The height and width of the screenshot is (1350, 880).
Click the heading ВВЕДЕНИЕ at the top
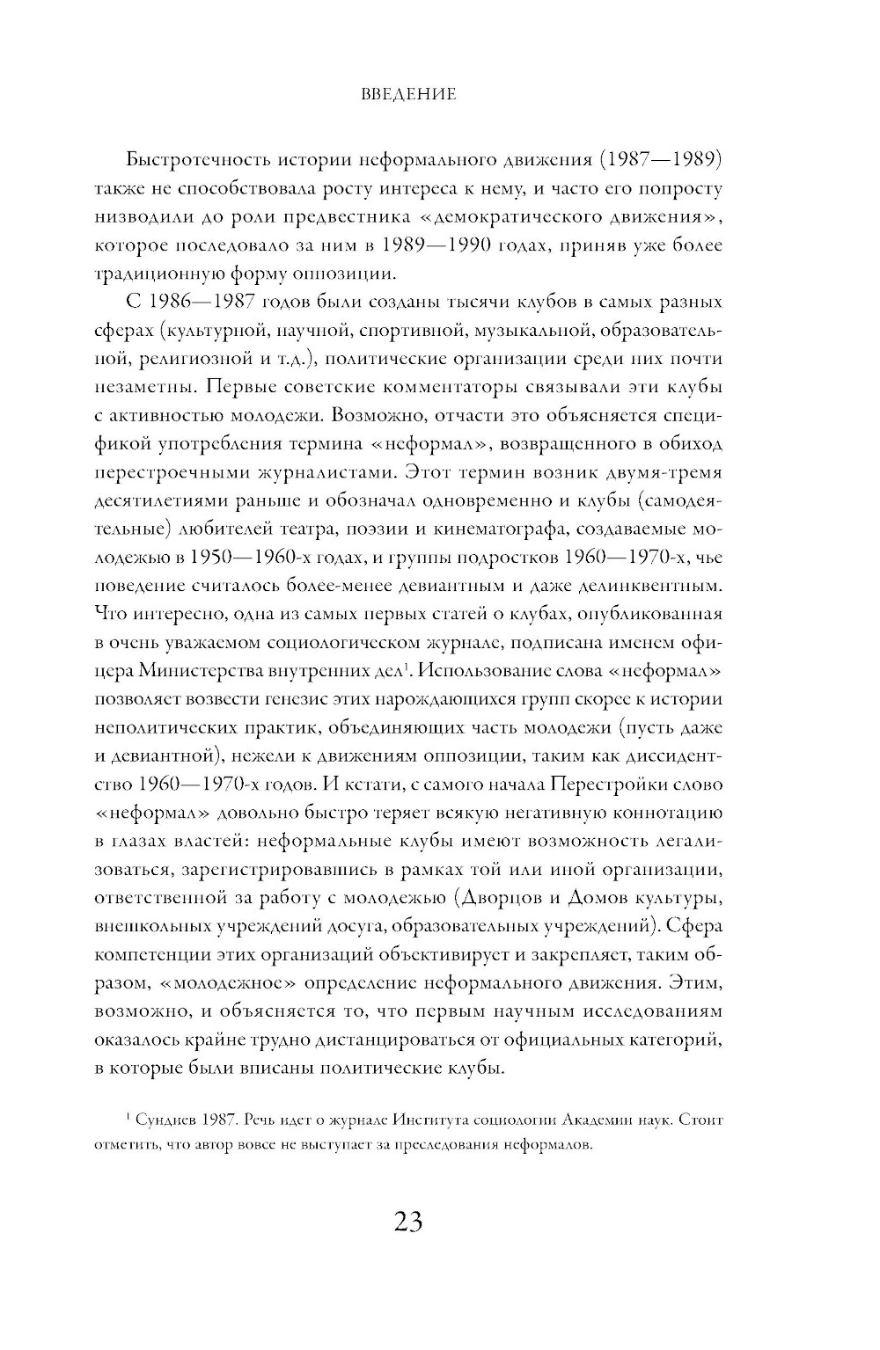(x=408, y=94)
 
